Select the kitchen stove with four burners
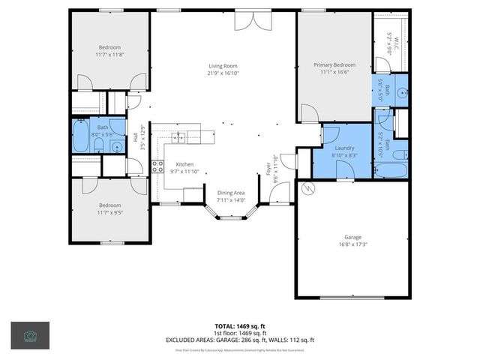pyautogui.click(x=157, y=166)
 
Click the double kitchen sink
pyautogui.click(x=179, y=136)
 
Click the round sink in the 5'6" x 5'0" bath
pyautogui.click(x=400, y=93)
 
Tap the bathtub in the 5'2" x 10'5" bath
pyautogui.click(x=390, y=169)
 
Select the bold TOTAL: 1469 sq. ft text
pyautogui.click(x=240, y=326)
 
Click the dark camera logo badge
pyautogui.click(x=30, y=335)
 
